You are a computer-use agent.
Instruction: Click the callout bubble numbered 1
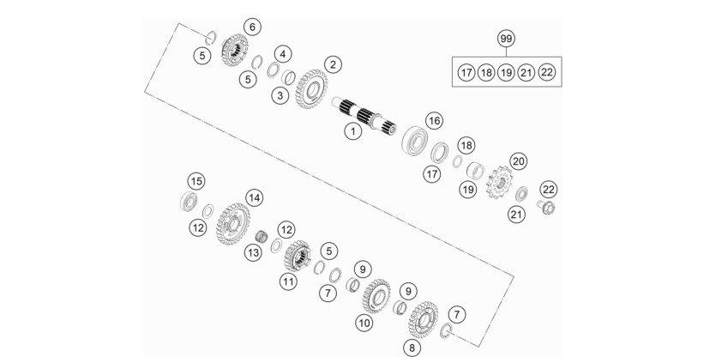coord(353,131)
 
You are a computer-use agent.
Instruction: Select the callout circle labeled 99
coord(506,39)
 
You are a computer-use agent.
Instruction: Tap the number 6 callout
coord(252,27)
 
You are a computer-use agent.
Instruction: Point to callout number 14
coord(255,198)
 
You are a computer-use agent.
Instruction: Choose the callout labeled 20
coord(518,161)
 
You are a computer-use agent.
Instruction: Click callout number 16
coord(434,121)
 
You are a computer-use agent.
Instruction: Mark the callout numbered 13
coord(254,252)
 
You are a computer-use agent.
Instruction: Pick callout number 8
coord(412,348)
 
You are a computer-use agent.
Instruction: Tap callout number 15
coord(196,181)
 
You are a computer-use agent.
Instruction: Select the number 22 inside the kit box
coord(546,72)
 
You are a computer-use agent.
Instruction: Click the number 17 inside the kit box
coord(466,72)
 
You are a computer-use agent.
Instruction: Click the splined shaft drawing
coord(364,116)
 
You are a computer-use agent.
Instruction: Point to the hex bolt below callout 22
coord(546,207)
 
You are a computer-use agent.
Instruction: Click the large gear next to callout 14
coord(233,224)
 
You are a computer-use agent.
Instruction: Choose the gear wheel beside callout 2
coord(311,89)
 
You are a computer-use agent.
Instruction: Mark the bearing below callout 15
coord(189,202)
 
